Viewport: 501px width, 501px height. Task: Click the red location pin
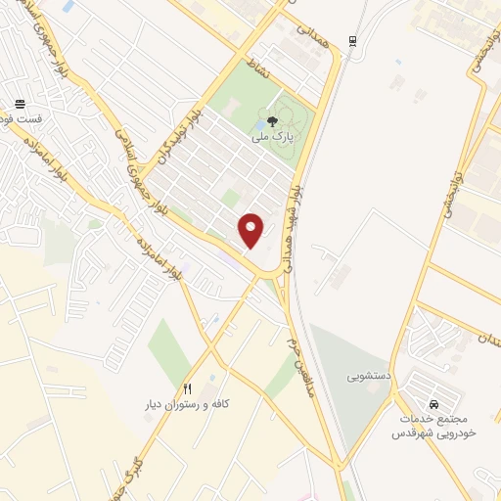[x=251, y=229]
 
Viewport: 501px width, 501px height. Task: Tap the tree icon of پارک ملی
[x=272, y=121]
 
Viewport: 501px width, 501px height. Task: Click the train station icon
[x=352, y=41]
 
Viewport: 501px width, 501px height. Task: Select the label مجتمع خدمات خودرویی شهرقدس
[x=434, y=425]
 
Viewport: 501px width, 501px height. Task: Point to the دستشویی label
[x=368, y=375]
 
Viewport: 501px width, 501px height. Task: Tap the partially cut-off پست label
[x=21, y=119]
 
